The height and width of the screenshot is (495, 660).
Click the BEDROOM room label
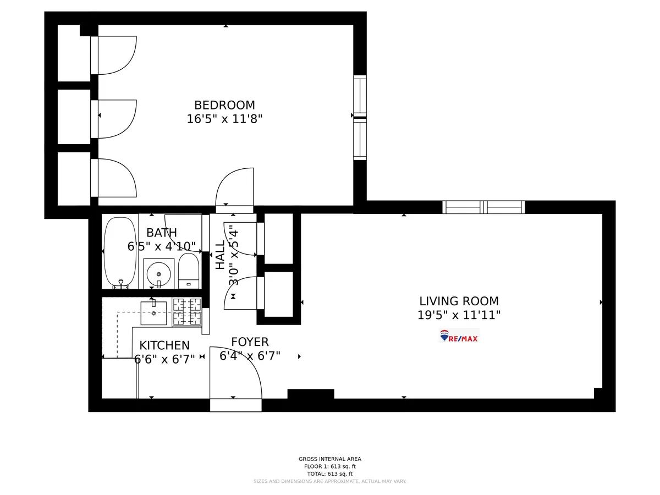click(x=224, y=105)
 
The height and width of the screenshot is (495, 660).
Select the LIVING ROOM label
click(x=459, y=301)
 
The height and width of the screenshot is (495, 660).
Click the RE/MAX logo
click(x=459, y=336)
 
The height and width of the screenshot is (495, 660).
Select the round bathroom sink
click(x=159, y=273)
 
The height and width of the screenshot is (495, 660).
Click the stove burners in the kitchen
click(x=186, y=312)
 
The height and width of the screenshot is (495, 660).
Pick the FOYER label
click(x=250, y=342)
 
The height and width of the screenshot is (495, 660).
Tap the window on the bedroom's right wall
click(x=360, y=117)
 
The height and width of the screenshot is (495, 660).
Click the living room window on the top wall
click(x=483, y=207)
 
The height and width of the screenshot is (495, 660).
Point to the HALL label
click(x=221, y=255)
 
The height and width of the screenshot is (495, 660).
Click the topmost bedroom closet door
click(x=114, y=55)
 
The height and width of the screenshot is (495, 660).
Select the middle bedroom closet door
click(x=114, y=119)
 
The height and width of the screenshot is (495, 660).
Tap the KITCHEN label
click(x=164, y=346)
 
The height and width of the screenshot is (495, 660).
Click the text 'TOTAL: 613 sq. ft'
click(x=329, y=474)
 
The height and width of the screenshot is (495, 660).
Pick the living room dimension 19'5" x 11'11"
click(x=459, y=316)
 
